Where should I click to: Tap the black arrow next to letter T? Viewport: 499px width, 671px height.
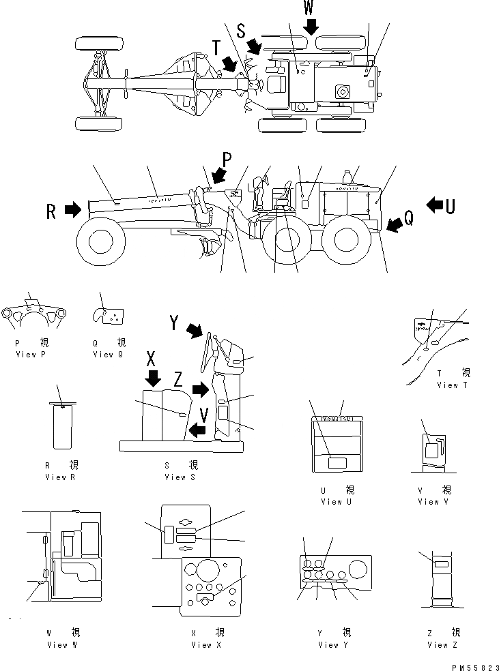point(230,63)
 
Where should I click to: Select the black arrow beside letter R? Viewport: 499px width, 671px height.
point(72,211)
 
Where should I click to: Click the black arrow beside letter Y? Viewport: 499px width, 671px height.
point(196,331)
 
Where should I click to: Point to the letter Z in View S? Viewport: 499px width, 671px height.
point(177,379)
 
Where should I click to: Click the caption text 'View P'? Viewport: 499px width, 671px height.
point(31,355)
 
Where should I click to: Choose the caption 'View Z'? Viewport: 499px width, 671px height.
point(443,644)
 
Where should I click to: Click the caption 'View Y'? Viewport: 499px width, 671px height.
point(333,644)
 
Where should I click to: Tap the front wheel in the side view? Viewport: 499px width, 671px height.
point(100,240)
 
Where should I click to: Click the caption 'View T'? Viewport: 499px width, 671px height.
point(452,385)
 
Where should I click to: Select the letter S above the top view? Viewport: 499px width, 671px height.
point(240,31)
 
